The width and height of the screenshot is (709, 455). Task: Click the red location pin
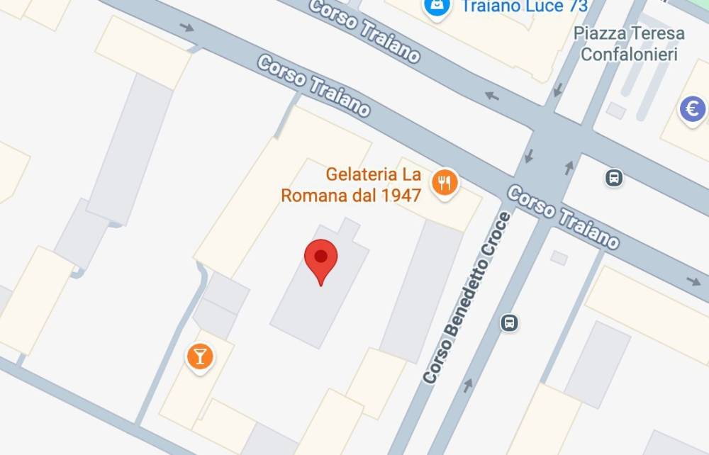320,258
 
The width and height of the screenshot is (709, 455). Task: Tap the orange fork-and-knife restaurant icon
445,184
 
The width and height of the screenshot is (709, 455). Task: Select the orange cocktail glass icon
200,356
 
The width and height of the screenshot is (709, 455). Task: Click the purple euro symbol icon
692,109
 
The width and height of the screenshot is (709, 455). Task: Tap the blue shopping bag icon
436,6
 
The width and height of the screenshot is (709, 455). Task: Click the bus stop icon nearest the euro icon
614,177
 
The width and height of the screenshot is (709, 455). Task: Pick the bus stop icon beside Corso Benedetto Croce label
509,323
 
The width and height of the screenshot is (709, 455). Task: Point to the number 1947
401,195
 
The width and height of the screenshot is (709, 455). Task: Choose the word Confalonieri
630,54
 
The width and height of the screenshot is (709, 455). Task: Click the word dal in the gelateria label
363,195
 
